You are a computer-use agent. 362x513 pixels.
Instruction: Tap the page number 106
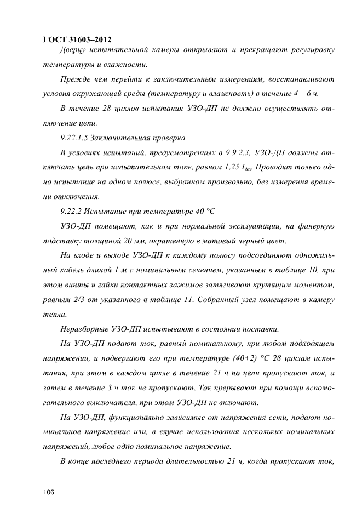[x=49, y=492]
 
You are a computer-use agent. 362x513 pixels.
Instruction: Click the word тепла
[x=55, y=315]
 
